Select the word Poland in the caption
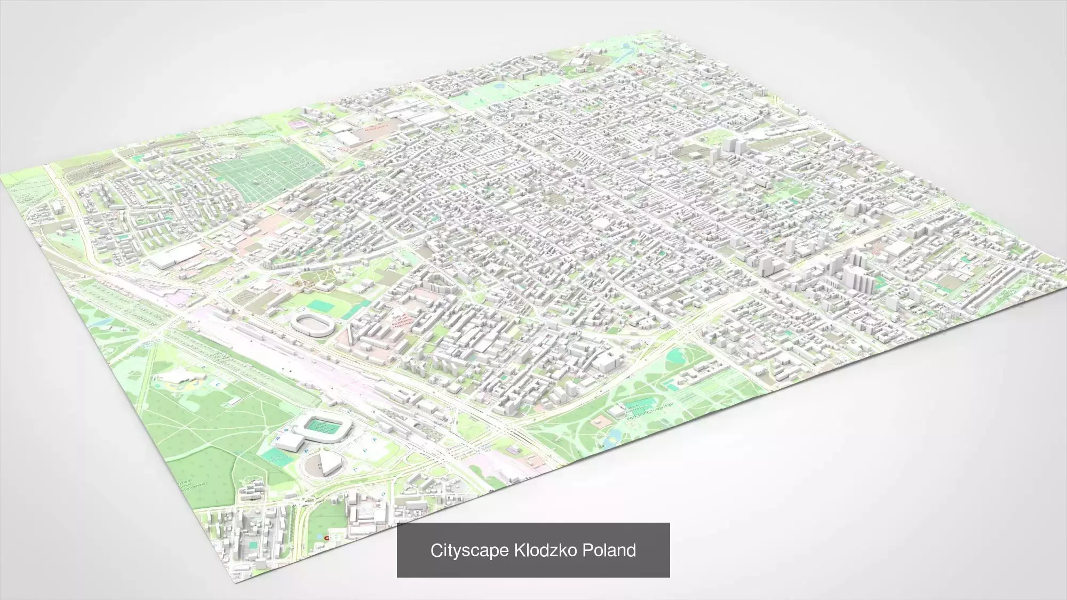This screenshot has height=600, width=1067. pos(609,550)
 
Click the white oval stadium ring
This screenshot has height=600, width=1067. pos(313,324)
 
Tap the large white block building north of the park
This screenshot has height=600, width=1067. pos(606,362)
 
